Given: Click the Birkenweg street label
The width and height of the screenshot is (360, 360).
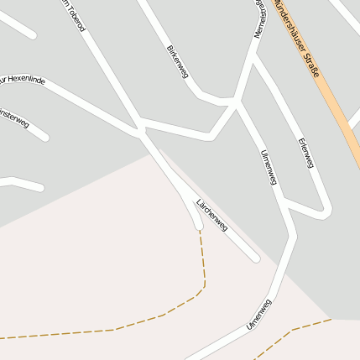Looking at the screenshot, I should [177, 62].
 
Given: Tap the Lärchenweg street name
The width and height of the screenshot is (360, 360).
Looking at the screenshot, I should [211, 214].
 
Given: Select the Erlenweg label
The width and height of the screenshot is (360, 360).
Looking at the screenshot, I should [305, 152].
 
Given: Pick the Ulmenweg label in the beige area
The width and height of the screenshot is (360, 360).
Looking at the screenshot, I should [259, 313].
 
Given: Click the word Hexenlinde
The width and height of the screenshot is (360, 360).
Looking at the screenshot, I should [27, 81].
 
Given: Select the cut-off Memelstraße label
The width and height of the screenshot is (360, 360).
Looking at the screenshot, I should [260, 17].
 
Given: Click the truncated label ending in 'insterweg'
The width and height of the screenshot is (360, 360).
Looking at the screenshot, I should [14, 119].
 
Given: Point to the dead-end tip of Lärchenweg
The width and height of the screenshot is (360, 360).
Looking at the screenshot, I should [255, 258].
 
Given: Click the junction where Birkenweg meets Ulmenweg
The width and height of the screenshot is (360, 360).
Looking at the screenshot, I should [233, 103].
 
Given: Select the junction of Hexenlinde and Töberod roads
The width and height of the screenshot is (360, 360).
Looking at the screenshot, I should [140, 129].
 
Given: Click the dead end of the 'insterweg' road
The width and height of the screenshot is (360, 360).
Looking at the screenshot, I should [44, 137].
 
